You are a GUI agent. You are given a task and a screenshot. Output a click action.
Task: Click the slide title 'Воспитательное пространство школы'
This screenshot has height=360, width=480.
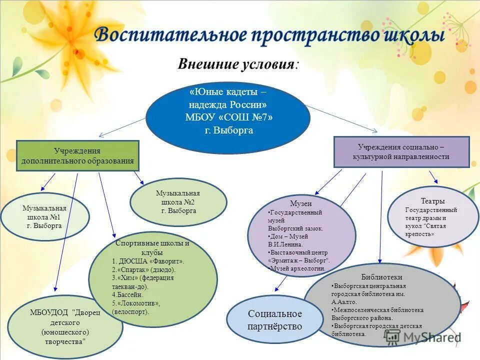tap(269, 35)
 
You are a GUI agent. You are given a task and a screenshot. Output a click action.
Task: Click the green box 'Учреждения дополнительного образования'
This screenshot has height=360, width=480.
tap(77, 155)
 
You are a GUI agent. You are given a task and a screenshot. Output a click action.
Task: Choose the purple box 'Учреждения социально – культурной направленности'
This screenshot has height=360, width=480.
tap(401, 151)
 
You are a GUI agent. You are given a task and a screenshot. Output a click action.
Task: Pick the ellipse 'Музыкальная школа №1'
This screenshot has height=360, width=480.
tap(44, 216)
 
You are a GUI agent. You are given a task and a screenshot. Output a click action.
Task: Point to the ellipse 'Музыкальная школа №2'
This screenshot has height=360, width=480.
tap(178, 202)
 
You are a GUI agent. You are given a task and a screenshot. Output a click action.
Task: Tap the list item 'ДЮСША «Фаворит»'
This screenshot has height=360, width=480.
tap(150, 261)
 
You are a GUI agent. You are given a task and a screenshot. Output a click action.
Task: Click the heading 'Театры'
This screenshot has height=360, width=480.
tap(432, 201)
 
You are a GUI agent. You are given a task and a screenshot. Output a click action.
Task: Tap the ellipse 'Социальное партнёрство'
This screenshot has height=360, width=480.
tap(275, 320)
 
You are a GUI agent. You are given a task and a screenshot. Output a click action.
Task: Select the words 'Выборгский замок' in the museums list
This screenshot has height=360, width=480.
tap(296, 228)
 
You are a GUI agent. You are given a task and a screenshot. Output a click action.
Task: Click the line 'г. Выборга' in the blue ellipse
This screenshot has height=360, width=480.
tap(228, 130)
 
